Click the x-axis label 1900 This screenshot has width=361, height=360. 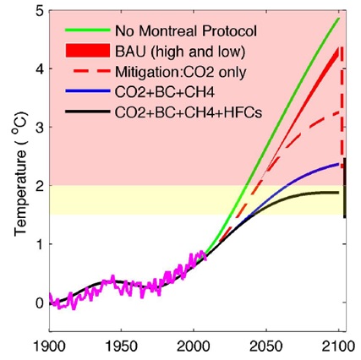(x=50, y=346)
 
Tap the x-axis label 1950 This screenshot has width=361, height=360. (x=122, y=346)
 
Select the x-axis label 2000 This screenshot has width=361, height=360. (x=194, y=346)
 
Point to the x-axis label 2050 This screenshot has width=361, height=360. (x=266, y=346)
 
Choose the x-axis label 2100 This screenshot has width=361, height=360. (x=338, y=346)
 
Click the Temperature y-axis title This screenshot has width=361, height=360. (x=20, y=172)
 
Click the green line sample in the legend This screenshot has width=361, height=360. (x=87, y=30)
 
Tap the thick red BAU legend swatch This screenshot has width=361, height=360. (x=87, y=51)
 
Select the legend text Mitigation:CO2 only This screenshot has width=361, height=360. (x=180, y=73)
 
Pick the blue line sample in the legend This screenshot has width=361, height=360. (x=87, y=91)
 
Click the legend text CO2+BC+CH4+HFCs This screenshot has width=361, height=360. (x=189, y=112)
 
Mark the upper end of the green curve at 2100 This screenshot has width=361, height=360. (x=339, y=19)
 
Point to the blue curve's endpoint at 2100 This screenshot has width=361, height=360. (x=338, y=164)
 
